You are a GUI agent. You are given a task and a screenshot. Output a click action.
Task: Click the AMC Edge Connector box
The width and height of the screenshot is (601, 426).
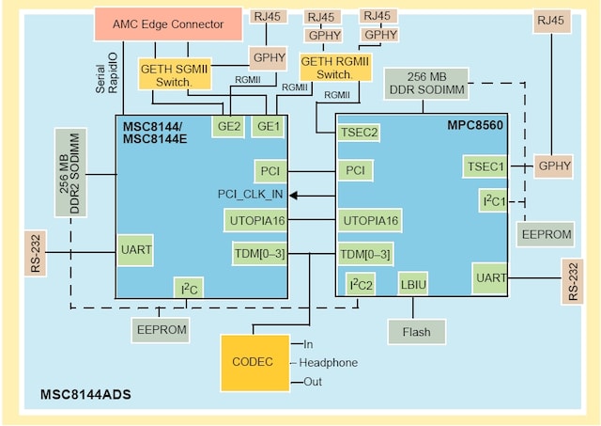(x=167, y=24)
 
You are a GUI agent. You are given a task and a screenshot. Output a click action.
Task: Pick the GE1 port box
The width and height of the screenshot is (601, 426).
(x=268, y=125)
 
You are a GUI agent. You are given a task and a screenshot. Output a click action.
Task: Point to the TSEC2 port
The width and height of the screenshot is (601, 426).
(x=360, y=133)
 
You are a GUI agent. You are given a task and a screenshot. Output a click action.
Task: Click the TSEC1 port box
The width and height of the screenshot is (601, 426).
(x=484, y=166)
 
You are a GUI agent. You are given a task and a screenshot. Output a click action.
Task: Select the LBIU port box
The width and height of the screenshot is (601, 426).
(x=413, y=282)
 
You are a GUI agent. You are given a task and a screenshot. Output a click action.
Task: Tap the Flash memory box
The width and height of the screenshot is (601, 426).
(x=416, y=331)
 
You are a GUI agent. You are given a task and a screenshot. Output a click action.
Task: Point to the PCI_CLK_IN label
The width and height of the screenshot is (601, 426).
(x=251, y=195)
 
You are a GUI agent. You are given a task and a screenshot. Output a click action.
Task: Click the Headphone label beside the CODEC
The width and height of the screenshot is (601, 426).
(x=329, y=362)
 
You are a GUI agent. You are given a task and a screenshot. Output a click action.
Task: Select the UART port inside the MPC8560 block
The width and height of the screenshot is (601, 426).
(x=491, y=278)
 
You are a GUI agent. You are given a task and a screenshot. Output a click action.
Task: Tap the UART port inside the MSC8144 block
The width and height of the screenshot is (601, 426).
(x=135, y=251)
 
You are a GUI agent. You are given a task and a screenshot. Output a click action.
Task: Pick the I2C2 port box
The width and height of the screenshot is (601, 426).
(x=362, y=283)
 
